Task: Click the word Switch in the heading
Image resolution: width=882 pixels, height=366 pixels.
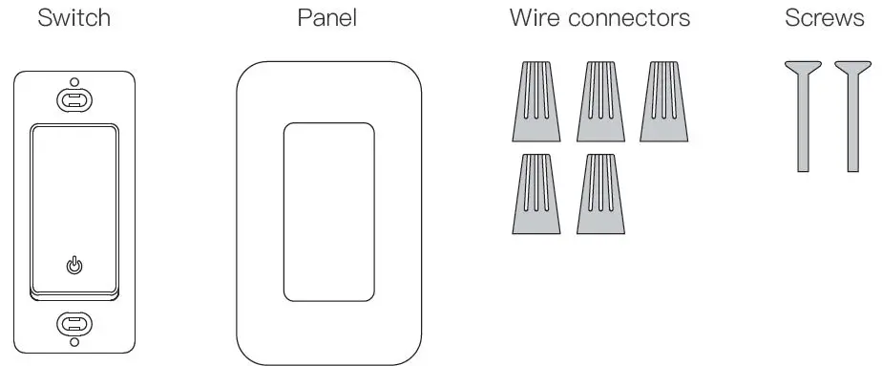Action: point(73,18)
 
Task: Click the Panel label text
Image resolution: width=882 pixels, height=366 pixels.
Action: point(327,18)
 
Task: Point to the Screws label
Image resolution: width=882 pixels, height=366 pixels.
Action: point(824,18)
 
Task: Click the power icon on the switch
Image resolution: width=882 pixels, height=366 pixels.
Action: point(73,266)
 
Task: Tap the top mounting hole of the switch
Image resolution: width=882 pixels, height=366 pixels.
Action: point(73,98)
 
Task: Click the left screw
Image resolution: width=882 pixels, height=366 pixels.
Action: point(804,115)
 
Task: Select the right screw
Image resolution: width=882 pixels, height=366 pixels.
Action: point(853,115)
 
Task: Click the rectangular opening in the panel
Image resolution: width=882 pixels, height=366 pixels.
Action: point(328,212)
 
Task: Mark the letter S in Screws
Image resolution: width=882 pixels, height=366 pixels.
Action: point(791,18)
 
